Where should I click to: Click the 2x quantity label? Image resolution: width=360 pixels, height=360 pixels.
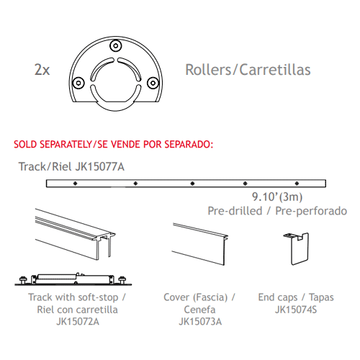click(42, 70)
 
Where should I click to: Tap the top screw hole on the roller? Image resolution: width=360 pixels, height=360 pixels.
click(116, 45)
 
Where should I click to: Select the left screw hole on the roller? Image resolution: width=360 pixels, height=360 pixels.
click(78, 83)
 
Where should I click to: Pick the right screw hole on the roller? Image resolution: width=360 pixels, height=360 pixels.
click(153, 83)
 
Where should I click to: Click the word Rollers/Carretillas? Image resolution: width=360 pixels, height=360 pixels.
click(248, 70)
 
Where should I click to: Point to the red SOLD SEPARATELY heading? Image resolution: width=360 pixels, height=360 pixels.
click(113, 144)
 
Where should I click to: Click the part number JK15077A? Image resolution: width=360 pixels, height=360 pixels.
click(100, 166)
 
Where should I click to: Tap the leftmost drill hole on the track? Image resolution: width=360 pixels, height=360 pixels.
click(76, 184)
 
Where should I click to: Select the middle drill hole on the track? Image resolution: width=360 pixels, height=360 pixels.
click(192, 184)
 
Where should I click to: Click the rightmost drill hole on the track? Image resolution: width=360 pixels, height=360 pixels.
click(297, 184)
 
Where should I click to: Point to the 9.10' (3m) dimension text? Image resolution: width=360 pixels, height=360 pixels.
click(277, 197)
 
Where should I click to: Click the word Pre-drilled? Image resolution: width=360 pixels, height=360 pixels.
click(235, 211)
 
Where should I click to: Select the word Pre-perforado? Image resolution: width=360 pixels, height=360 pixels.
click(311, 211)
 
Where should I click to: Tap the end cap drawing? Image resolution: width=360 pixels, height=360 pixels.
click(297, 249)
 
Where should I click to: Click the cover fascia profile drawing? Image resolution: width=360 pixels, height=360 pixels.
click(200, 244)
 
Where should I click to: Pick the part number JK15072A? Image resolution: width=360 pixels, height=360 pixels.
click(78, 322)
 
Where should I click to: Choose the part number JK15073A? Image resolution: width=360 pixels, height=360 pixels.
click(200, 322)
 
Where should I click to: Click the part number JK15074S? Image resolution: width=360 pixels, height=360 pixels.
click(296, 310)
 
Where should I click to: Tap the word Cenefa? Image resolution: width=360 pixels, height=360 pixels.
click(199, 310)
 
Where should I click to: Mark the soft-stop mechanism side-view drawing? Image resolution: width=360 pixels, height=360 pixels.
click(73, 279)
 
